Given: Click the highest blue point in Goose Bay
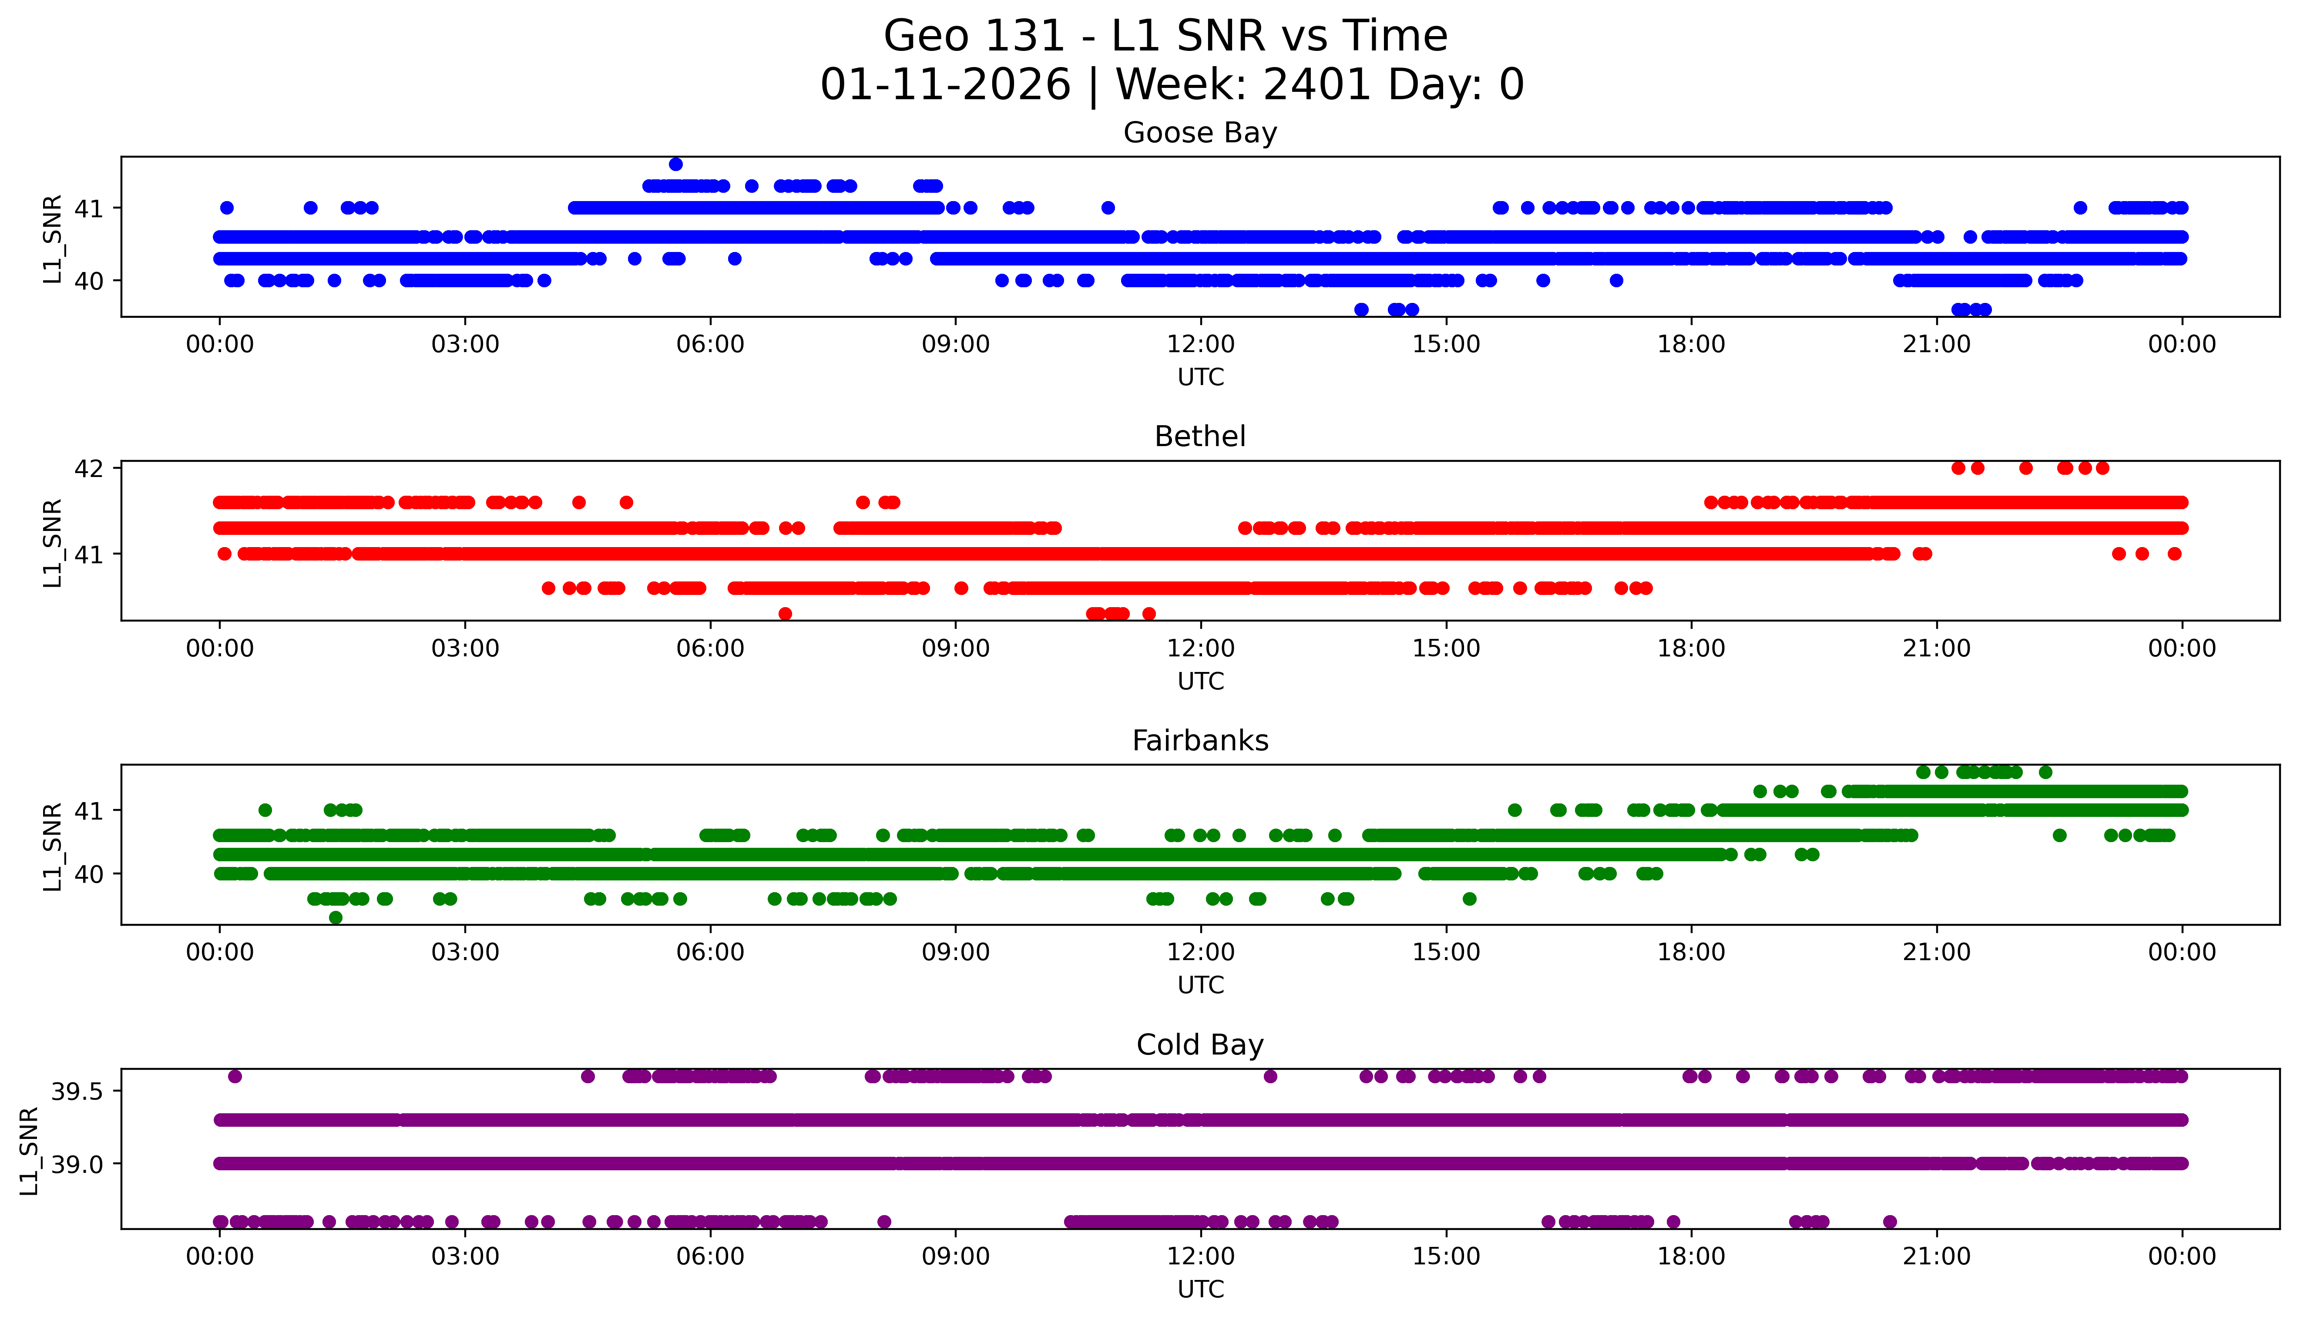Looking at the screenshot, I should [675, 164].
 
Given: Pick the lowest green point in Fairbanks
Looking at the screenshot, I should [336, 917].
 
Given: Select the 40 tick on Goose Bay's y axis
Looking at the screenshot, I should [89, 281].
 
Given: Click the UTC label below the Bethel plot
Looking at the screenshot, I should [1200, 681].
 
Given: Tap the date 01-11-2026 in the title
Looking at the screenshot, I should [945, 85].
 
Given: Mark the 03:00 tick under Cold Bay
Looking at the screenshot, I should [465, 1256].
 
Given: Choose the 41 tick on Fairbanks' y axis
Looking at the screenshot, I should [89, 810].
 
